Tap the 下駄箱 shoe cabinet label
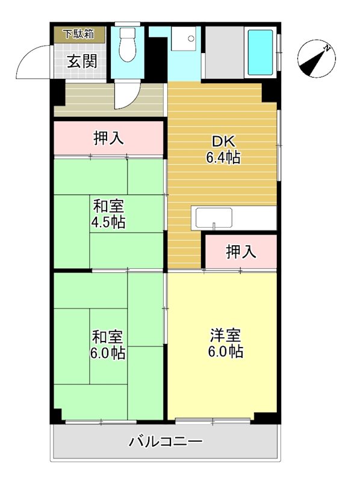80,34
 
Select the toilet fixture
128,47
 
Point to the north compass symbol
315,59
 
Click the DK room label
223,142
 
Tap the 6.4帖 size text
223,158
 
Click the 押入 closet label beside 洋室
241,252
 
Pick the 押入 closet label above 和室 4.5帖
109,139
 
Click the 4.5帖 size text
108,222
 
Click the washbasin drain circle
191,39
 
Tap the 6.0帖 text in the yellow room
226,352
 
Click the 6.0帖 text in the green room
108,353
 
